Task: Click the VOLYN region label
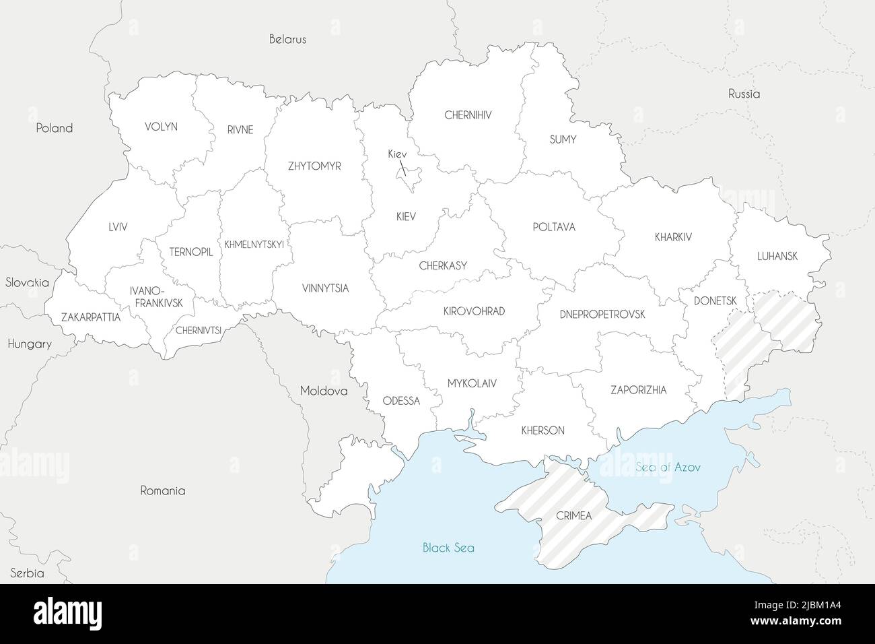[x=161, y=126]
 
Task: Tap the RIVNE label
[x=240, y=130]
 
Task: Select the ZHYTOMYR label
[x=314, y=166]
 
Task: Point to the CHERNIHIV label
[x=468, y=115]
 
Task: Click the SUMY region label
[x=563, y=139]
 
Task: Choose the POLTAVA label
[x=553, y=227]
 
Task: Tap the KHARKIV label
[x=673, y=237]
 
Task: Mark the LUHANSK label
[x=777, y=256]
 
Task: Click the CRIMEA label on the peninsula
[x=573, y=515]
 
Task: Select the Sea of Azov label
[x=668, y=467]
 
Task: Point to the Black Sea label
[x=448, y=548]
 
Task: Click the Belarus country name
[x=287, y=39]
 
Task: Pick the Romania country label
[x=162, y=490]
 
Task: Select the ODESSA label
[x=400, y=401]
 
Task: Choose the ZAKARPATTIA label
[x=90, y=317]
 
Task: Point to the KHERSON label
[x=542, y=430]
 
